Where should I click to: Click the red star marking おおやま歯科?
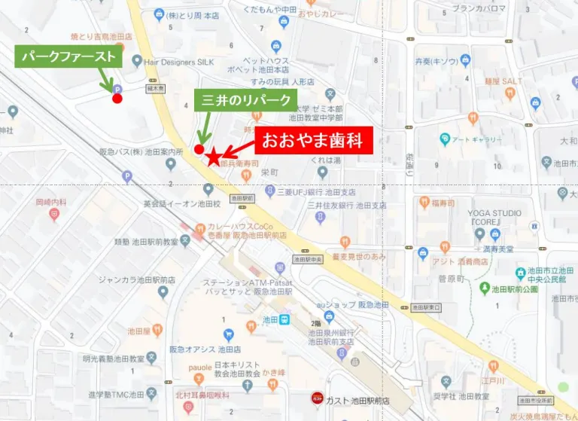click(214, 157)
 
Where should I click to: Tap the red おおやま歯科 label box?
click(314, 141)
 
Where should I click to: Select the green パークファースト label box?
click(68, 56)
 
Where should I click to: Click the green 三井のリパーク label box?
click(246, 101)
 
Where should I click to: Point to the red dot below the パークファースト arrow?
click(117, 98)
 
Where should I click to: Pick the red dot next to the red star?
click(199, 149)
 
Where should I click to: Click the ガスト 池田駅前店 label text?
click(357, 398)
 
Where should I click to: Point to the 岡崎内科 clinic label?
click(51, 203)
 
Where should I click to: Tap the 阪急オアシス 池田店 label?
click(194, 349)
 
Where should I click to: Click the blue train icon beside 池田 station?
click(285, 320)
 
